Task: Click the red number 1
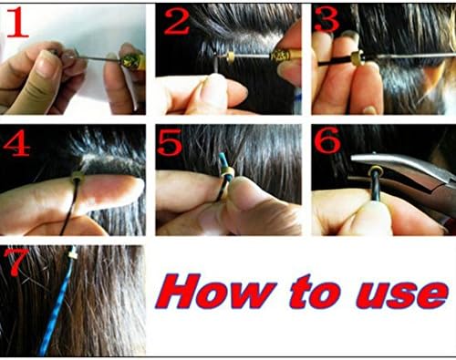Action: click(17, 23)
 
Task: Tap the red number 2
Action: click(176, 20)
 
